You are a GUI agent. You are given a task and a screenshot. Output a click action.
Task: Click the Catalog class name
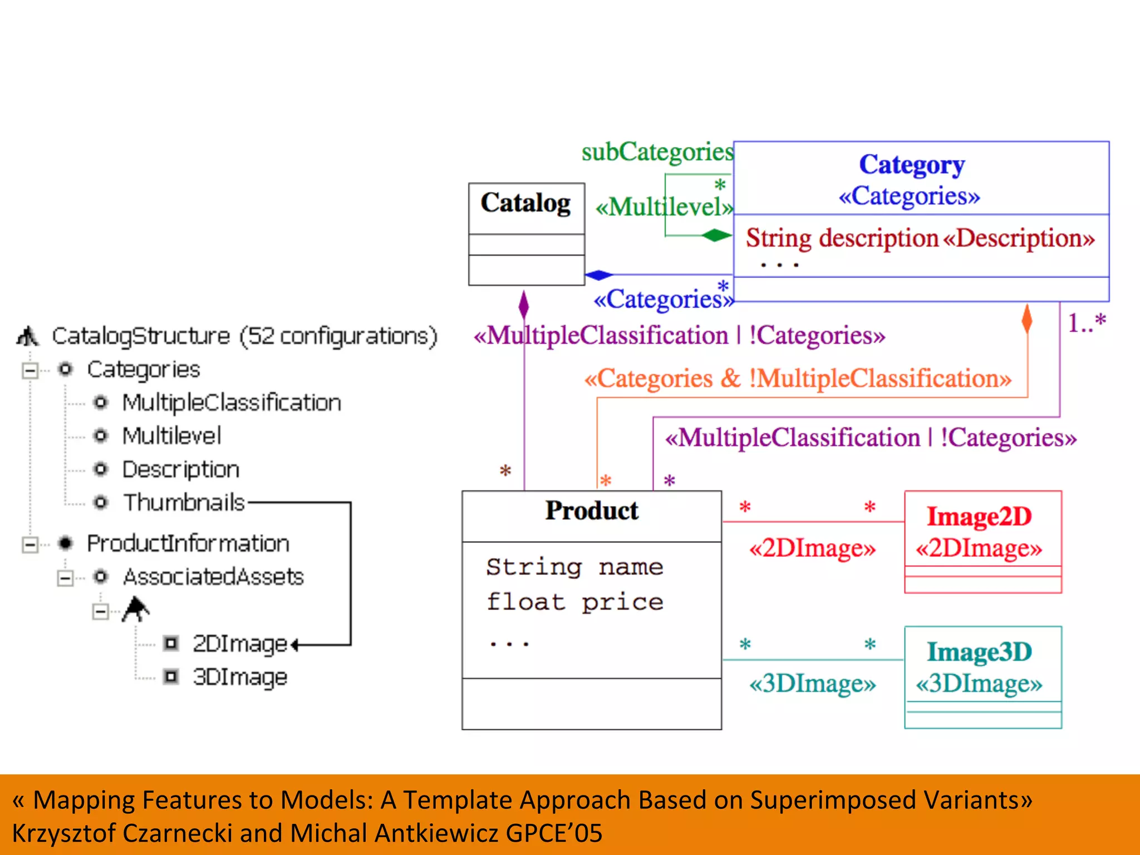(525, 203)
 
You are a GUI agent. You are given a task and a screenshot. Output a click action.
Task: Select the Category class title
(912, 165)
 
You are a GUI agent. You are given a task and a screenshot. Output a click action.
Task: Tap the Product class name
(591, 510)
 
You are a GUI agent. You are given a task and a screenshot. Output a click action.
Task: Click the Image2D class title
(979, 517)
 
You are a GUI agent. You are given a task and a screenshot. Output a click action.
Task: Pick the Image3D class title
(979, 652)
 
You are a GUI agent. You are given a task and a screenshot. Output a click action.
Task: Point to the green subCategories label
(657, 152)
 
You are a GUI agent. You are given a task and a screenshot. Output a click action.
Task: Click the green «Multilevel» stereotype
(664, 208)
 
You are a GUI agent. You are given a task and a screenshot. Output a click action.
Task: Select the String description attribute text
(842, 238)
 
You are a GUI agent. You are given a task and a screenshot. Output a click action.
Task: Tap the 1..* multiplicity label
(1086, 323)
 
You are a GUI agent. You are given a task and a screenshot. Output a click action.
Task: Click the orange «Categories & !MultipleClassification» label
(797, 379)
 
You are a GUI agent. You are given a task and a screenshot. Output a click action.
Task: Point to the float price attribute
(574, 602)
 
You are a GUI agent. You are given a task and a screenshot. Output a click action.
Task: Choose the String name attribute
(574, 567)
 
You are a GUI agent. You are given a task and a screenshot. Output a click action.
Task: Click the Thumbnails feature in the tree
(184, 503)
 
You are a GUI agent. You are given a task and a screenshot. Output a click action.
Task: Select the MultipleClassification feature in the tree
(231, 402)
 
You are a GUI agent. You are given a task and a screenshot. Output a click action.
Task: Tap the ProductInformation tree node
(188, 543)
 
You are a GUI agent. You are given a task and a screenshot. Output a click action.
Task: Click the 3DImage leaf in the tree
(239, 677)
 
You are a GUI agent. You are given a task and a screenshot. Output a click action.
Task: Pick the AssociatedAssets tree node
(213, 577)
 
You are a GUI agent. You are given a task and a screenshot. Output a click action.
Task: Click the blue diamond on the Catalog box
(599, 275)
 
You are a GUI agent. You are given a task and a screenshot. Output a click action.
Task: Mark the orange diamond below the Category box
(1027, 319)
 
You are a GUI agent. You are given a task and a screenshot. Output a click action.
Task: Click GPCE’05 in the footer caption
(554, 833)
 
